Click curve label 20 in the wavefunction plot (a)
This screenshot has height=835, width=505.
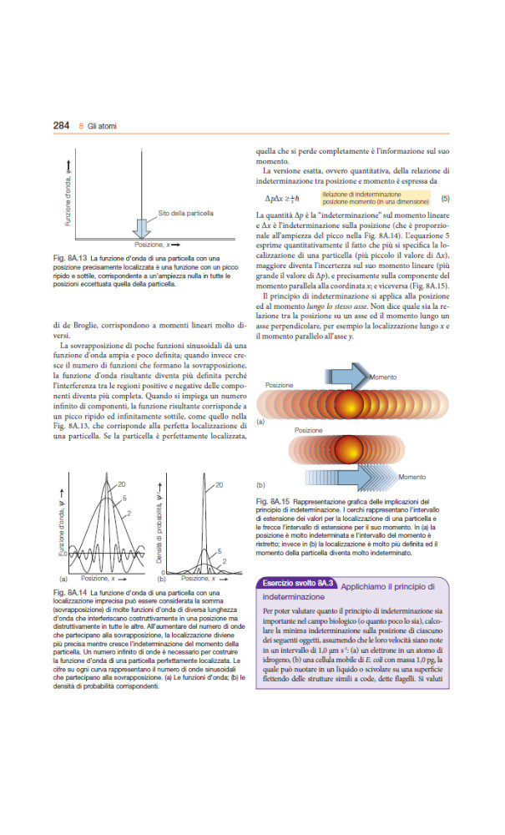[x=121, y=483]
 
